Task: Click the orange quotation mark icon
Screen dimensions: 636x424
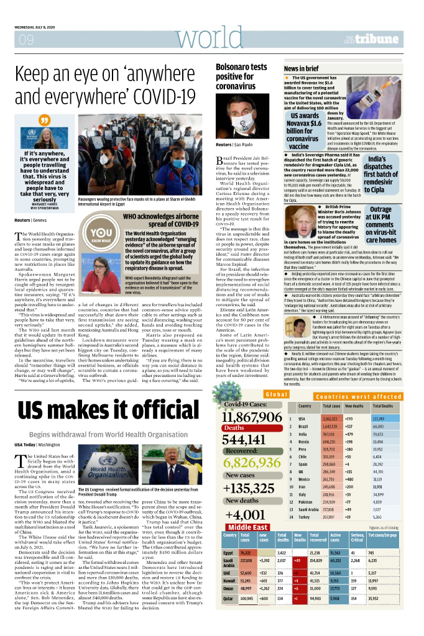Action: [x=44, y=120]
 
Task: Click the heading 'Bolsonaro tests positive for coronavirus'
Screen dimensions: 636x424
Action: [x=241, y=76]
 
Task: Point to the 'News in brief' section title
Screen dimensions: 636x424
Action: [x=302, y=68]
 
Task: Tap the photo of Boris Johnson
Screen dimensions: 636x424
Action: [x=300, y=222]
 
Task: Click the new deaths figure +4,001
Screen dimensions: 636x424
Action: [x=246, y=533]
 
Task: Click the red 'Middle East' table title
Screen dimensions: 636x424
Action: [x=237, y=545]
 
